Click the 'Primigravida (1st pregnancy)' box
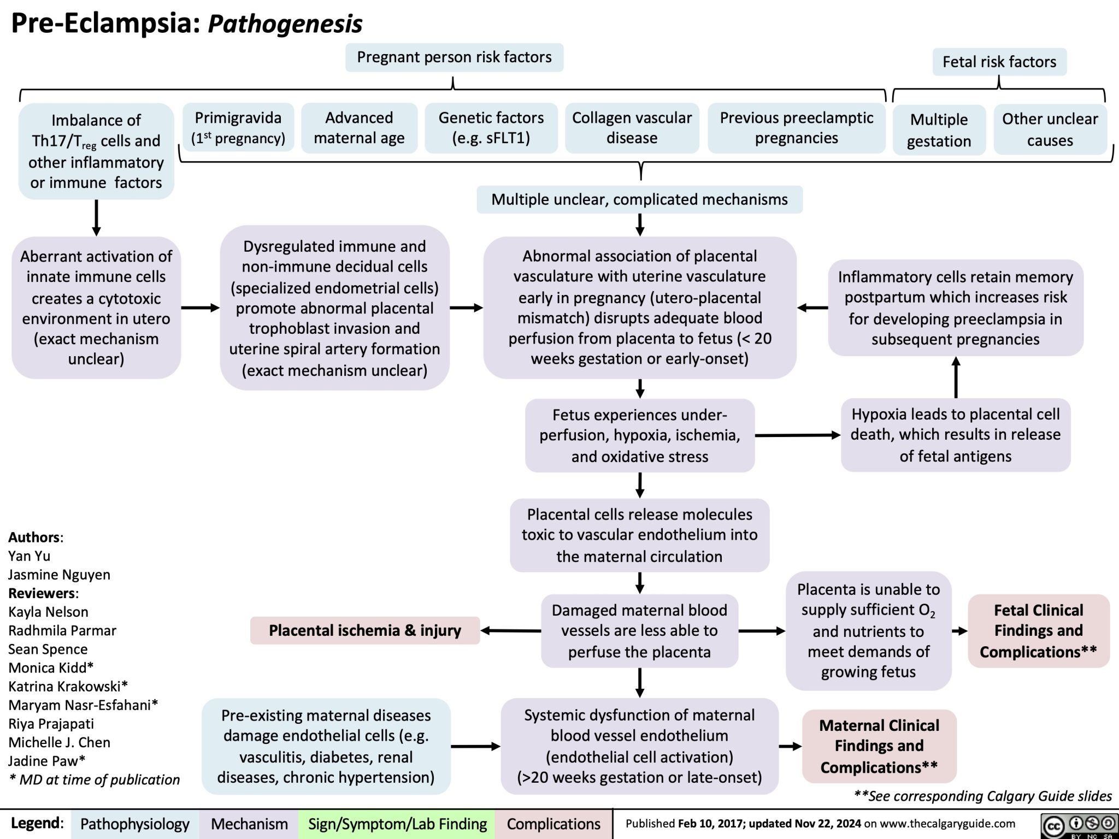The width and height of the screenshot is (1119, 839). (238, 127)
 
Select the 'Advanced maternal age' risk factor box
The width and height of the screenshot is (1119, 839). (359, 127)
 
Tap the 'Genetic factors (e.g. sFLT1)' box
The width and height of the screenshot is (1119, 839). (491, 127)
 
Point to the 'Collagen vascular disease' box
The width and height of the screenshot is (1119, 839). (632, 127)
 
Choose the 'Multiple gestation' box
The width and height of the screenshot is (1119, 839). (939, 130)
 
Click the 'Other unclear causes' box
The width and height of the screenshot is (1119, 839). (1050, 129)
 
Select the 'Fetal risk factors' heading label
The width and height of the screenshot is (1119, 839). (999, 62)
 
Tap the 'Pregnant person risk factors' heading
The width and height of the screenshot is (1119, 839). (454, 57)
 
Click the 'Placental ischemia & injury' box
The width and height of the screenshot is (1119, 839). (364, 630)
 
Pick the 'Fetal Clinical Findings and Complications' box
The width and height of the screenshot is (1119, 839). (1038, 631)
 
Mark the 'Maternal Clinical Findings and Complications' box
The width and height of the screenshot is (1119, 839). (879, 746)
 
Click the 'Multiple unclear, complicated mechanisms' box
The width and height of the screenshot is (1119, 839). (639, 199)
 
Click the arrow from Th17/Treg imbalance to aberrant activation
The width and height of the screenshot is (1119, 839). (96, 217)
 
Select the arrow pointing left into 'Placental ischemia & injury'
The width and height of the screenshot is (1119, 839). (511, 630)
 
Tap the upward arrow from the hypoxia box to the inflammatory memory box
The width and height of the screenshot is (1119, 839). (955, 377)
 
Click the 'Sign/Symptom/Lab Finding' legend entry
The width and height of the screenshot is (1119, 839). (397, 824)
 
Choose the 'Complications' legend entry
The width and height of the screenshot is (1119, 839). (553, 824)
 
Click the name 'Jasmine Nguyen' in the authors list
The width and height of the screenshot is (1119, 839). (59, 574)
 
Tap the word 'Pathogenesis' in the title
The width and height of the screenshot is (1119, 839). (285, 23)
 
